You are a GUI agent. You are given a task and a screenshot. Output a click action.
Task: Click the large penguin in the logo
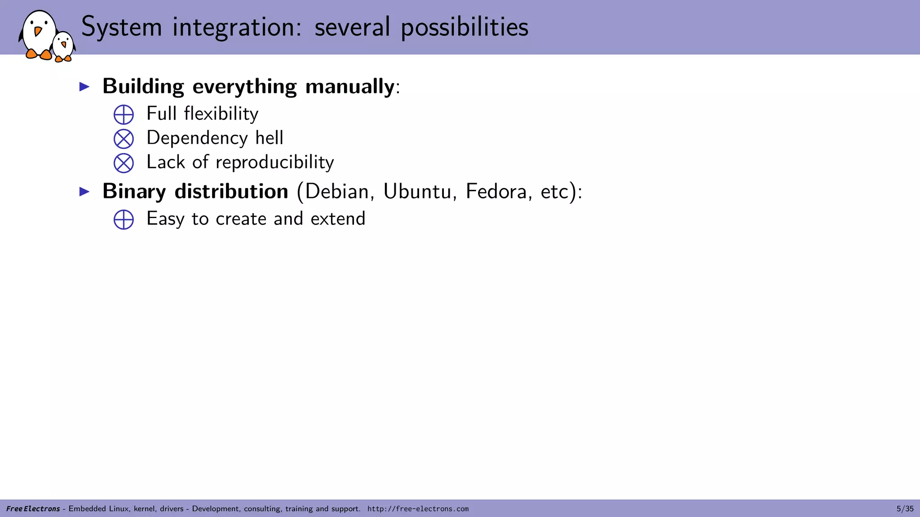[39, 35]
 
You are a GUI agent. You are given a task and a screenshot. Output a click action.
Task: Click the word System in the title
[121, 27]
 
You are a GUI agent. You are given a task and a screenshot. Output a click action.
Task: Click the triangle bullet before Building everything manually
[84, 87]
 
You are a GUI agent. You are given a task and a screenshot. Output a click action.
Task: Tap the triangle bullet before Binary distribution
[84, 192]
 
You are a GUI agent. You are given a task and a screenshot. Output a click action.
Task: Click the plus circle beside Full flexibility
[124, 114]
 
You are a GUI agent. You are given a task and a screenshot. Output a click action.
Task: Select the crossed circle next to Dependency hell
[124, 139]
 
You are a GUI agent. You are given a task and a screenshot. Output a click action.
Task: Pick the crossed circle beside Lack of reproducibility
[124, 163]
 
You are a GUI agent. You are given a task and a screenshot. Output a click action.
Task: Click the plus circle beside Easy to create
[124, 219]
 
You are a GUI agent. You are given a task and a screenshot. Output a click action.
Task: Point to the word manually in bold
[349, 87]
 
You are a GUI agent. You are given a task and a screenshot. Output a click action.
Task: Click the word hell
[269, 138]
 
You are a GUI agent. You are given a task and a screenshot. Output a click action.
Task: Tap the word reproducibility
[274, 162]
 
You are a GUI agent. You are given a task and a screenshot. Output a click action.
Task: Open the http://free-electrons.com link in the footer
[418, 509]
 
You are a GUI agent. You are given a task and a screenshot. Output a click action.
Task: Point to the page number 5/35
[905, 509]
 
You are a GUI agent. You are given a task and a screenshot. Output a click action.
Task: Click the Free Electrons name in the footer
[33, 509]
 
